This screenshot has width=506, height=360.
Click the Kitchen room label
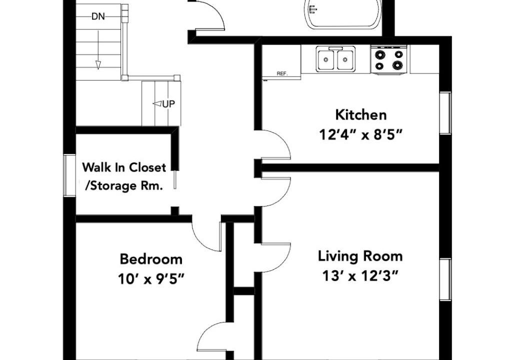(x=361, y=115)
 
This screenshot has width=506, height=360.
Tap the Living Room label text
(x=360, y=256)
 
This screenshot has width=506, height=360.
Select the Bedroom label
(x=151, y=259)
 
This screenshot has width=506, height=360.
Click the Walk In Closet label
(x=124, y=167)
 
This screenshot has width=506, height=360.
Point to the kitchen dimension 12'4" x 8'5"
(x=361, y=134)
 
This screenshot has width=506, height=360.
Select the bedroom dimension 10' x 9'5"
(x=151, y=278)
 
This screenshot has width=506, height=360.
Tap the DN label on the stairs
(x=98, y=16)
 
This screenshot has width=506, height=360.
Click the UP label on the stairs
(x=168, y=104)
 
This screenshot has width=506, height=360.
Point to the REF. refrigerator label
(x=282, y=74)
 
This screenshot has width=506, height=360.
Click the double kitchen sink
(x=335, y=59)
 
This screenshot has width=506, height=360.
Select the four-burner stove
(x=389, y=60)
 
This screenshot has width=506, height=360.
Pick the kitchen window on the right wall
(x=445, y=113)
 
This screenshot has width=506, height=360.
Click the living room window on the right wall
(x=445, y=279)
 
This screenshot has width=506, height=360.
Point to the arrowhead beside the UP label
(x=157, y=103)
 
